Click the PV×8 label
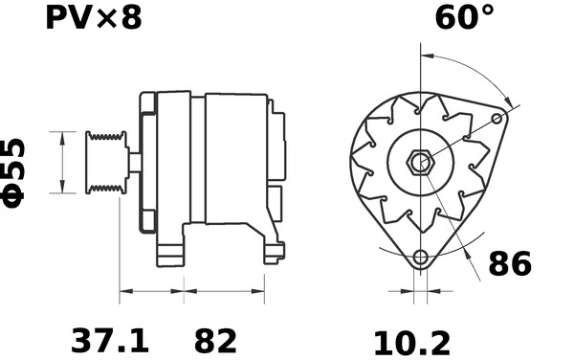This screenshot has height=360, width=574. click(x=93, y=17)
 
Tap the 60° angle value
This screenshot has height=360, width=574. click(x=465, y=17)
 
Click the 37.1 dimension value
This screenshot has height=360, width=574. click(x=111, y=340)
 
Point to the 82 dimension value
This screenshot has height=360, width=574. click(x=215, y=340)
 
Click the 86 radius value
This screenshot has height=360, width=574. click(x=509, y=263)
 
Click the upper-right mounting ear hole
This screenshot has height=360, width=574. click(x=497, y=119)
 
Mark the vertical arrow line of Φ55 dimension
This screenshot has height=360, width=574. click(x=63, y=162)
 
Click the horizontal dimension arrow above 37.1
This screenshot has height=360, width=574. click(x=151, y=291)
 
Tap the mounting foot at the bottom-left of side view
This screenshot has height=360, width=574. click(x=170, y=255)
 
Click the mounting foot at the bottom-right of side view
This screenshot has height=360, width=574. click(x=274, y=253)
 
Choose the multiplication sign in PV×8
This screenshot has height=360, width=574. click(x=104, y=19)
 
